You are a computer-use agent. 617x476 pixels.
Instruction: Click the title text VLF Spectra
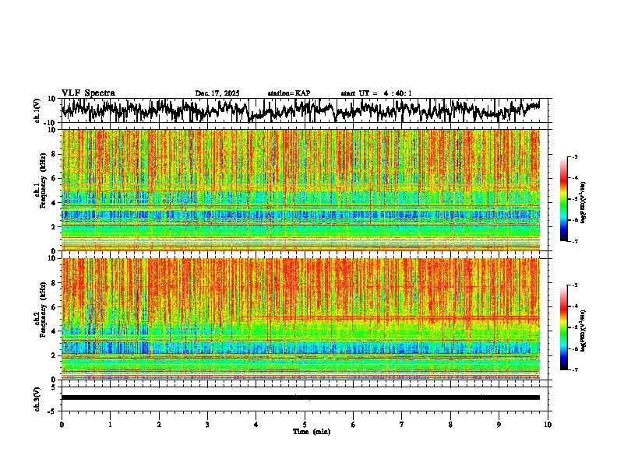pyautogui.click(x=88, y=93)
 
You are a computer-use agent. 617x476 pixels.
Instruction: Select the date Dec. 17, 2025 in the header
pyautogui.click(x=217, y=93)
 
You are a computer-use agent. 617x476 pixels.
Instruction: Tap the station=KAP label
pyautogui.click(x=288, y=93)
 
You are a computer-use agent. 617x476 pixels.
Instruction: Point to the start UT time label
pyautogui.click(x=376, y=93)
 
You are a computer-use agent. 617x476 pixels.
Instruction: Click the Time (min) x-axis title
pyautogui.click(x=311, y=431)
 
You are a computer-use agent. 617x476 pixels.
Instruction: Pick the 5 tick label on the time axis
pyautogui.click(x=305, y=425)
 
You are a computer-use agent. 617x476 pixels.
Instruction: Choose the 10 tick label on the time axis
pyautogui.click(x=548, y=425)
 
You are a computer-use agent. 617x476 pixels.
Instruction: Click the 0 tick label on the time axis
pyautogui.click(x=62, y=425)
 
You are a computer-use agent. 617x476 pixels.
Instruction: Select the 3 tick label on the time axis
pyautogui.click(x=207, y=425)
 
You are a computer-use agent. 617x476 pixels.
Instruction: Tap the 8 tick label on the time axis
pyautogui.click(x=450, y=425)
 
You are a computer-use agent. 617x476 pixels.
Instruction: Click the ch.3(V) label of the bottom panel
pyautogui.click(x=37, y=397)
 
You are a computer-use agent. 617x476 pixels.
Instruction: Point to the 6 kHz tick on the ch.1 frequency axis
pyautogui.click(x=54, y=178)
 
